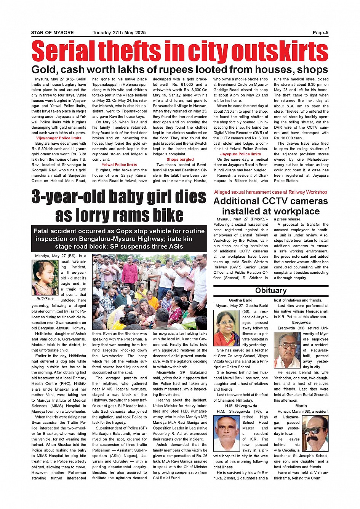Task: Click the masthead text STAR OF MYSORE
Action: click(x=52, y=33)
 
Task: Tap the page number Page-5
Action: click(x=320, y=33)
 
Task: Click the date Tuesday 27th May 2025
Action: click(x=119, y=33)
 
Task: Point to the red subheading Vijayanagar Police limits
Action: click(x=59, y=138)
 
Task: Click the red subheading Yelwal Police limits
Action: click(x=119, y=165)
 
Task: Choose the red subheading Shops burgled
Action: click(x=180, y=160)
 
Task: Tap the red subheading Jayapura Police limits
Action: click(x=240, y=154)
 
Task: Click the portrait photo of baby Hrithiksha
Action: click(x=45, y=278)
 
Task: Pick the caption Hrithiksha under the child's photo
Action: click(x=45, y=298)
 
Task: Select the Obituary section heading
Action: click(x=271, y=290)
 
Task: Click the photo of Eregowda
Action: click(x=287, y=350)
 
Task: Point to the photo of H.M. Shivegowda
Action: click(x=227, y=433)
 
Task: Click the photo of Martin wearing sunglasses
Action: click(x=315, y=433)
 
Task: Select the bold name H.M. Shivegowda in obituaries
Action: click(x=241, y=406)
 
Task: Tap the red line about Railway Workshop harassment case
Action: click(x=270, y=192)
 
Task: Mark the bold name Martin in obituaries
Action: click(x=301, y=406)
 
